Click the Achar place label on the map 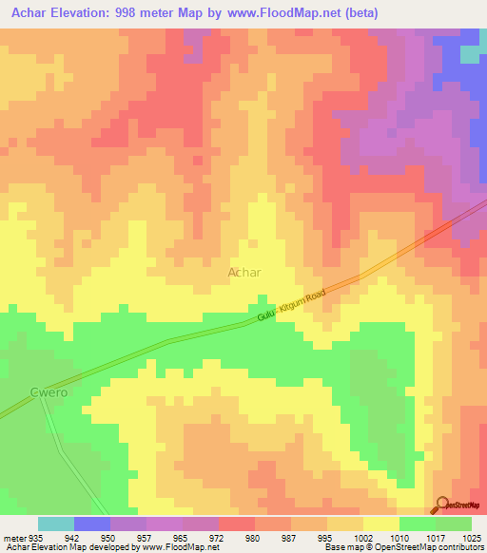pyautogui.click(x=244, y=272)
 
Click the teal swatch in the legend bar pyautogui.click(x=55, y=524)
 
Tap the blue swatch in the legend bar pyautogui.click(x=91, y=524)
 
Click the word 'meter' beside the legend pyautogui.click(x=13, y=536)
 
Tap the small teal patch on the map pyautogui.click(x=470, y=54)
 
